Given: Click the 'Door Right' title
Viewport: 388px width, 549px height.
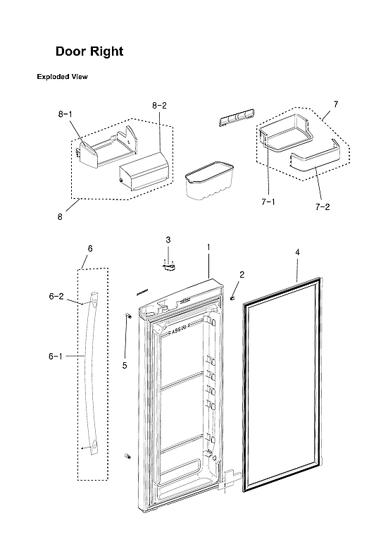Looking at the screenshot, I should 89,52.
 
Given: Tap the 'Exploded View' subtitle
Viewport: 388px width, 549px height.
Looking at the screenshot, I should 62,77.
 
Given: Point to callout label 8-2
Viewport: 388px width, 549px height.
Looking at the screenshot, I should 159,106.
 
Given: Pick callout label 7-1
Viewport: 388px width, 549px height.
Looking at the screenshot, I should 267,202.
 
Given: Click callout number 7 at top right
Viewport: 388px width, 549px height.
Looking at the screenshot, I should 335,104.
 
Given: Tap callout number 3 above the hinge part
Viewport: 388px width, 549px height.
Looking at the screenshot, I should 168,240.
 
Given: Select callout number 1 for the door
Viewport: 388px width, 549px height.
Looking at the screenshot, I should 208,247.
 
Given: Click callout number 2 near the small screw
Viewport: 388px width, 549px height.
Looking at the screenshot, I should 242,273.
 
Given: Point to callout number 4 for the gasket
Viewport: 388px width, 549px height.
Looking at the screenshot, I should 297,252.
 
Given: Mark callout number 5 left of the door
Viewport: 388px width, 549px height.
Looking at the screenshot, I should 125,365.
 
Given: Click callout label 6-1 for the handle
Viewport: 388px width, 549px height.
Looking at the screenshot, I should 56,357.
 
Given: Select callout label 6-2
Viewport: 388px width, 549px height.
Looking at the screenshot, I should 56,297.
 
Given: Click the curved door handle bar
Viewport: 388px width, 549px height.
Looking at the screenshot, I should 89,374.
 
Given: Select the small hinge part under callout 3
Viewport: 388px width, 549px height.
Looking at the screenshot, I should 168,266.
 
